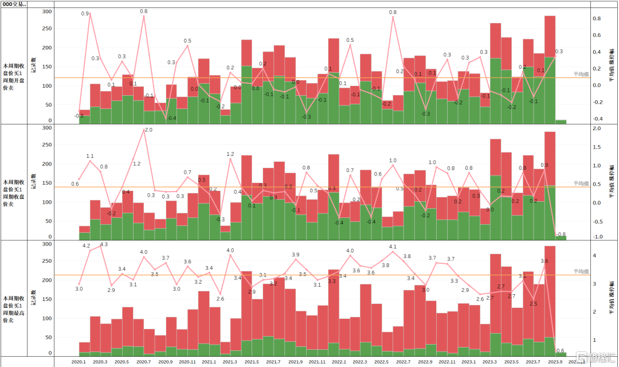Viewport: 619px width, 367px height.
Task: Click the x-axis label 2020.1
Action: (79, 362)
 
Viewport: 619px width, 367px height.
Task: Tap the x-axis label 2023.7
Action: (533, 362)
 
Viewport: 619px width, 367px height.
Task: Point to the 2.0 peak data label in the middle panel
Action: (148, 130)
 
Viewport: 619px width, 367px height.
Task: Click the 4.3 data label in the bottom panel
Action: (104, 244)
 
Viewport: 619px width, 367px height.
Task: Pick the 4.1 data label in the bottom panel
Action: (393, 247)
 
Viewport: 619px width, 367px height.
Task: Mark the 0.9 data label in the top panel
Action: (85, 13)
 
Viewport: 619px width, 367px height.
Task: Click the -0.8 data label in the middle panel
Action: (561, 234)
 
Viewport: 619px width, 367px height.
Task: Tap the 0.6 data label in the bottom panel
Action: (560, 351)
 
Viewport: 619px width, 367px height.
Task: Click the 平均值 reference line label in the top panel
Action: (581, 75)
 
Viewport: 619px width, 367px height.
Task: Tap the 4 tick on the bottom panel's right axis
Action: (595, 256)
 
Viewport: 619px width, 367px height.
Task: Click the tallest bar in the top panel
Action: (550, 69)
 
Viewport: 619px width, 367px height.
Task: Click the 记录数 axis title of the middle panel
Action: (33, 183)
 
